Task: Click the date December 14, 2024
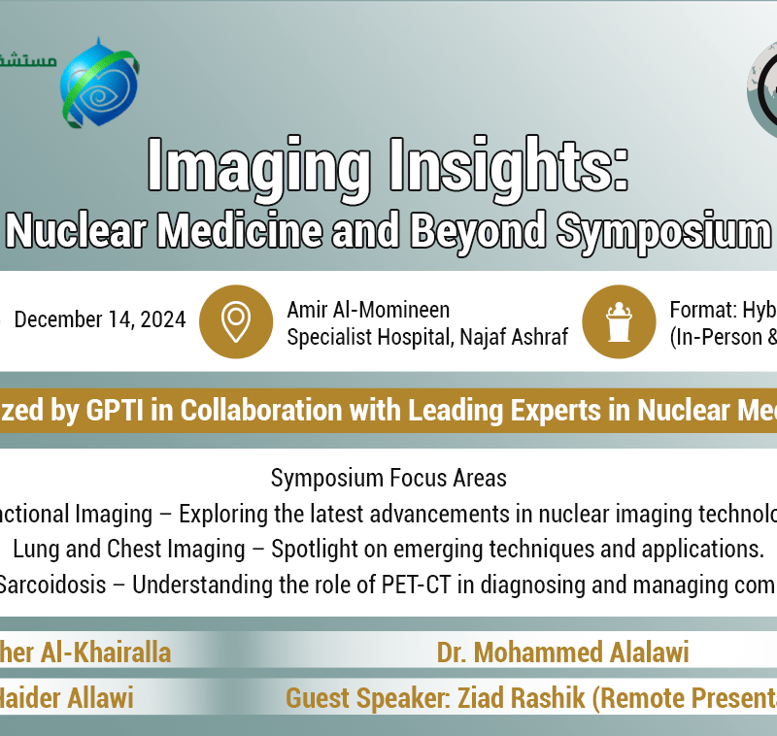(100, 320)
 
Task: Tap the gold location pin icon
(236, 321)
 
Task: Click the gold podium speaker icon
(619, 321)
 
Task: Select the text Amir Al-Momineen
(368, 310)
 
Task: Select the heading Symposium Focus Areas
(388, 478)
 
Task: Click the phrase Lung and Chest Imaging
(129, 549)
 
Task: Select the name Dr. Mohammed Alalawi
(562, 652)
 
